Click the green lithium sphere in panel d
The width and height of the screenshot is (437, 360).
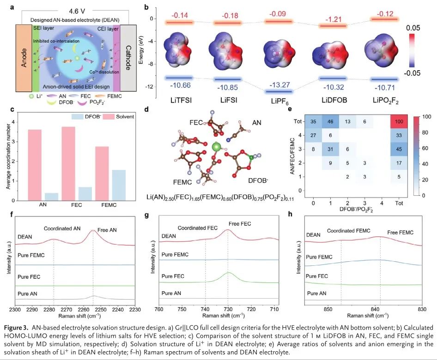point(215,147)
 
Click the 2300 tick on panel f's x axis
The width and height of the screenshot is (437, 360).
point(15,308)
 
